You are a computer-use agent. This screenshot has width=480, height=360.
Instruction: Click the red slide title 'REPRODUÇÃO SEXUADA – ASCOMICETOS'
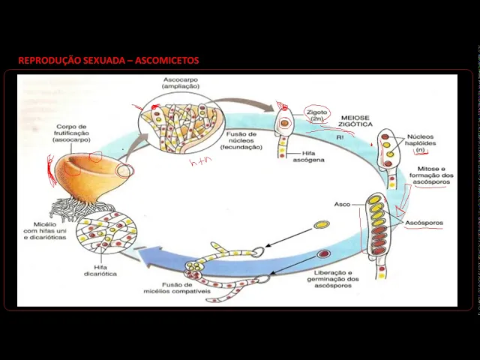tap(108, 60)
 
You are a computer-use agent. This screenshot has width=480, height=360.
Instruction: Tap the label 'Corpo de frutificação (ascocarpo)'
tap(70, 133)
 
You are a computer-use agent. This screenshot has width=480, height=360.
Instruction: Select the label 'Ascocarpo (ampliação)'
tap(181, 83)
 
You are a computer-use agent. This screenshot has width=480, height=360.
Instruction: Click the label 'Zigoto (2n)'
tap(316, 115)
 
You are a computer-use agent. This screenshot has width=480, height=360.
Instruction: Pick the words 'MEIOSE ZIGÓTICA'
tap(357, 121)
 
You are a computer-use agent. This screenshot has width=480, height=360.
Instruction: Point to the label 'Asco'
tap(342, 204)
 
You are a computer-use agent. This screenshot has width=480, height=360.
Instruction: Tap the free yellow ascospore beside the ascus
tap(321, 225)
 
